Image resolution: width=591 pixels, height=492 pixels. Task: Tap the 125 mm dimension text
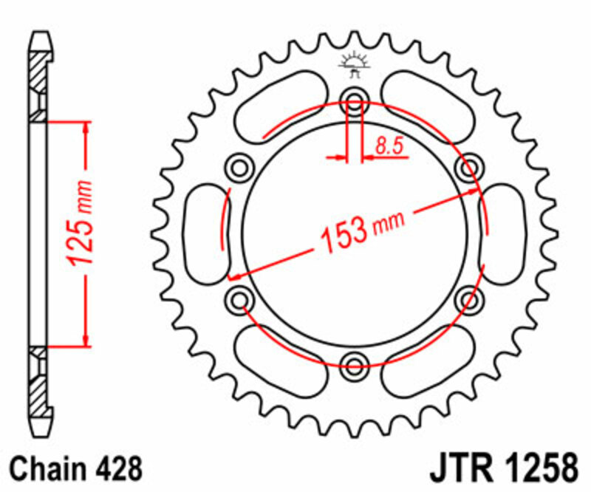tap(80, 223)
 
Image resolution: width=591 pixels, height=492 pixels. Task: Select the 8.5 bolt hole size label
tap(389, 146)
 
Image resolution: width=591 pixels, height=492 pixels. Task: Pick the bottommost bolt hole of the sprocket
tap(354, 362)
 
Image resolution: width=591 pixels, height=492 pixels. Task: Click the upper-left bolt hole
tap(241, 168)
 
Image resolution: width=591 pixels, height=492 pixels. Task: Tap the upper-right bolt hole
tap(468, 168)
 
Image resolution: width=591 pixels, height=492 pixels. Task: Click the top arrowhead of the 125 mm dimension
tap(87, 127)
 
